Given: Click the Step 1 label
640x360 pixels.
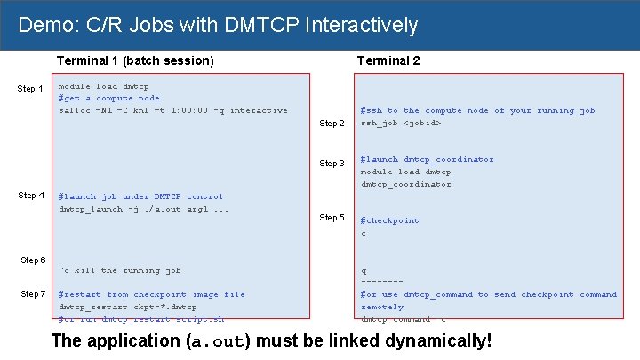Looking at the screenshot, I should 31,89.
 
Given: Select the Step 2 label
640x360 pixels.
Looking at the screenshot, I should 332,124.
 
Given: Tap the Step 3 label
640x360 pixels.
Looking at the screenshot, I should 332,164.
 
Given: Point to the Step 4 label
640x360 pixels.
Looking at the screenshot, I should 31,196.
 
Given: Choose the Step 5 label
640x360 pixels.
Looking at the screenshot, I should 332,218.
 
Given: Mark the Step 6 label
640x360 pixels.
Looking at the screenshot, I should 33,260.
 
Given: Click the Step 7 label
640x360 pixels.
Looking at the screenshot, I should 33,294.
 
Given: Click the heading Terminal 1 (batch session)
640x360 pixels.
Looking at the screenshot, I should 135,60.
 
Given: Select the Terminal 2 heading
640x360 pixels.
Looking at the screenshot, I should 388,60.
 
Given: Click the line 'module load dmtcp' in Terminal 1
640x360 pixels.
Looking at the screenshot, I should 103,86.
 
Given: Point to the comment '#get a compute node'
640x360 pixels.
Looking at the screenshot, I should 108,99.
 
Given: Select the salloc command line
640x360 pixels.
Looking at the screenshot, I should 172,111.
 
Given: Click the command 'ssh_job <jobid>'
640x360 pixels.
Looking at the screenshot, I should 400,123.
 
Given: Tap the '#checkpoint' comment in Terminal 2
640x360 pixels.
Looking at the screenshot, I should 389,220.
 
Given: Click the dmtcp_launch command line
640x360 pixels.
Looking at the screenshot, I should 143,209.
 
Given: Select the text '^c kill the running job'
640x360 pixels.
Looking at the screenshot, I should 119,270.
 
